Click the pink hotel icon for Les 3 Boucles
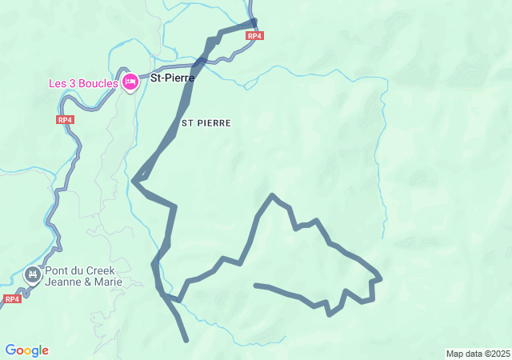[130, 82]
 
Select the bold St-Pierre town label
[172, 78]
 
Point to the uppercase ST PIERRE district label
[206, 123]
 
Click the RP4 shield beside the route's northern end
[254, 36]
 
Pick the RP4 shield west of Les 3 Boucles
[66, 119]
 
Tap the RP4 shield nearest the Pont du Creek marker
[11, 298]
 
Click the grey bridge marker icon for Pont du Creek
[33, 275]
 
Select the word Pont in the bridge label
[58, 270]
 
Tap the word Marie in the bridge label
[109, 282]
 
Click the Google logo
[26, 350]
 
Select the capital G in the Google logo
[10, 350]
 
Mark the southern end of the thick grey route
[186, 340]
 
